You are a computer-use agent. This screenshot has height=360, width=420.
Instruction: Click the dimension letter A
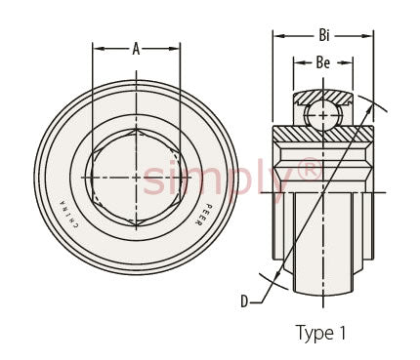136,49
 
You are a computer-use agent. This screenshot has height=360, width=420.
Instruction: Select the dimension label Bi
324,35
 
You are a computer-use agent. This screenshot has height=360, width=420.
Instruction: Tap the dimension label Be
322,62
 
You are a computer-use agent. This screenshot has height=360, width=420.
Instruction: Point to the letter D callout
244,301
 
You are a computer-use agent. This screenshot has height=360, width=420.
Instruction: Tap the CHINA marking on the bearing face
67,215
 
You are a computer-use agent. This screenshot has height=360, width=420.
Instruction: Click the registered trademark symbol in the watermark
308,169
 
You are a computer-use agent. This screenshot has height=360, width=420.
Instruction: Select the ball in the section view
323,115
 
